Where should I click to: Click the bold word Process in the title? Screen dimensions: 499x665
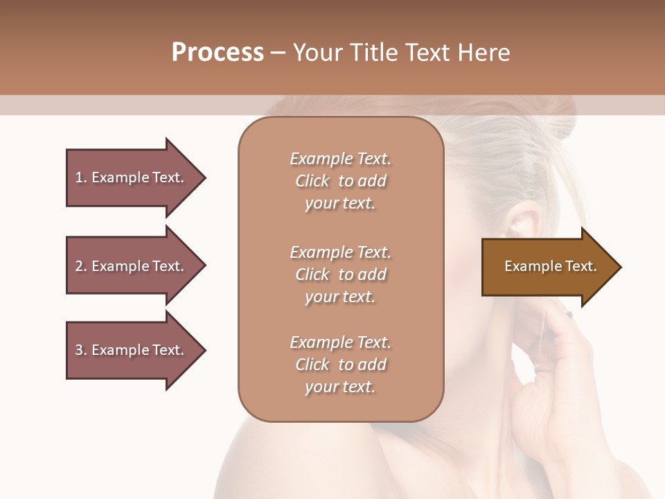coord(218,53)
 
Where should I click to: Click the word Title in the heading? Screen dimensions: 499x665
coord(372,53)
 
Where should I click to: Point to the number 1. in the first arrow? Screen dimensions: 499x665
coord(80,177)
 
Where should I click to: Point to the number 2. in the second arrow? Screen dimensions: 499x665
coord(80,266)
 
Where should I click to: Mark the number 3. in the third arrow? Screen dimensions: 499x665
coord(80,350)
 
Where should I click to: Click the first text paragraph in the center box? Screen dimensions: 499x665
coord(340,181)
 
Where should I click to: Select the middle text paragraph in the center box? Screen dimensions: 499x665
coord(340,274)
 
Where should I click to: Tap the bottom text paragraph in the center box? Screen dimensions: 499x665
coord(340,365)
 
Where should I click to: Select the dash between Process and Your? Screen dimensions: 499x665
coord(278,53)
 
